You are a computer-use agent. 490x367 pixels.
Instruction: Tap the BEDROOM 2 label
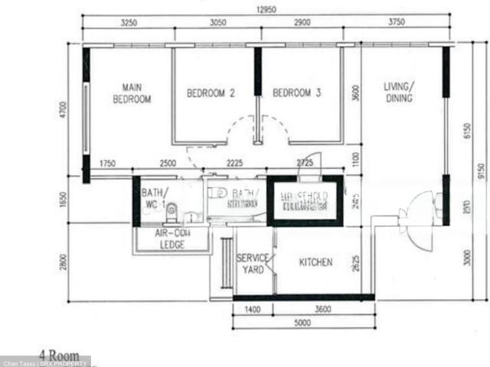pyautogui.click(x=211, y=93)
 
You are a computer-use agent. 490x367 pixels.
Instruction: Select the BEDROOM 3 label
pyautogui.click(x=297, y=93)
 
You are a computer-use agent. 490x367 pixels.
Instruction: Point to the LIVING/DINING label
pyautogui.click(x=398, y=93)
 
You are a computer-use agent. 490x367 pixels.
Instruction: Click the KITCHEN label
pyautogui.click(x=315, y=262)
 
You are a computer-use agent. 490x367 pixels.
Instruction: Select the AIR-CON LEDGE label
pyautogui.click(x=171, y=239)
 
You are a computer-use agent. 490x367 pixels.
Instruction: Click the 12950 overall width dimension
pyautogui.click(x=266, y=10)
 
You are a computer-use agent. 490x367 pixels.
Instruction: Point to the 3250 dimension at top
pyautogui.click(x=129, y=23)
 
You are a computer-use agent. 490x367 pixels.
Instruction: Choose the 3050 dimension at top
pyautogui.click(x=217, y=23)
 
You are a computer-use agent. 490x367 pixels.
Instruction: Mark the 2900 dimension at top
pyautogui.click(x=301, y=23)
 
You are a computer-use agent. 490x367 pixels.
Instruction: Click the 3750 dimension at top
pyautogui.click(x=397, y=23)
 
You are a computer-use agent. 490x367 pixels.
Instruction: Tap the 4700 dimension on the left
pyautogui.click(x=63, y=112)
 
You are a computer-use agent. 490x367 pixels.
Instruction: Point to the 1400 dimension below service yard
pyautogui.click(x=253, y=310)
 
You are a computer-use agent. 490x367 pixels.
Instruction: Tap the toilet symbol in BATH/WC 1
pyautogui.click(x=171, y=207)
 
